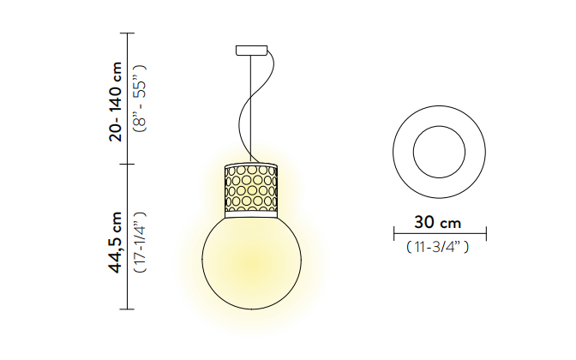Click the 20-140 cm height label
click(x=116, y=102)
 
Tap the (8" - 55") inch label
click(x=140, y=98)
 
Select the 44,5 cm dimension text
click(x=116, y=243)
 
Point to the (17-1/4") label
click(x=140, y=243)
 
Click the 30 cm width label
click(x=437, y=223)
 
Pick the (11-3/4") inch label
click(x=437, y=247)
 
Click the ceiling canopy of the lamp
click(x=252, y=51)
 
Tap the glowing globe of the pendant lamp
click(x=252, y=262)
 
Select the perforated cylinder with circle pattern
click(x=251, y=188)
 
